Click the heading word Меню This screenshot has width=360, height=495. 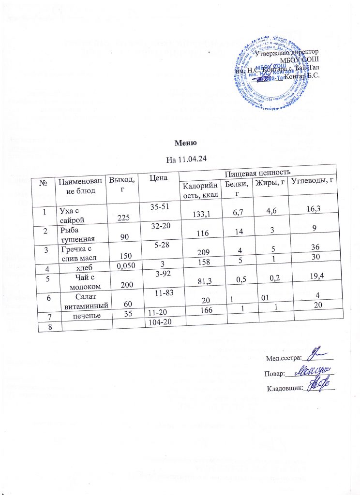(185, 144)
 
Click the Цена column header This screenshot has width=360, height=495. (155, 179)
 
